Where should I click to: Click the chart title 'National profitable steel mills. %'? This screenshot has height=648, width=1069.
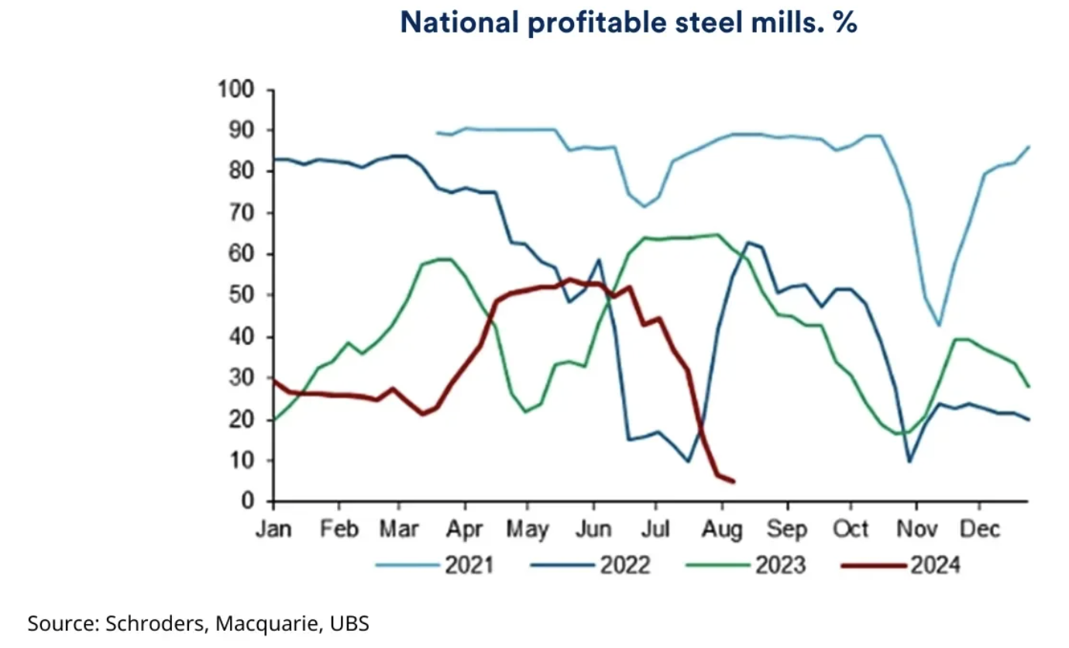(628, 23)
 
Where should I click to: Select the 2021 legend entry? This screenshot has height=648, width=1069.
(469, 565)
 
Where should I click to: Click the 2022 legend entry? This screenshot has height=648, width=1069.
(624, 565)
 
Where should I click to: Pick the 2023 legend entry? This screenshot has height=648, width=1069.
(780, 565)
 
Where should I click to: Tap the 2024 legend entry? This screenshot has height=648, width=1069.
(934, 565)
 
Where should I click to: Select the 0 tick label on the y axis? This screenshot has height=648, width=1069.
(248, 502)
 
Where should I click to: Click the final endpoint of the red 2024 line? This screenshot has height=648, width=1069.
(734, 482)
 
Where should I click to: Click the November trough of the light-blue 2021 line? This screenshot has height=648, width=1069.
(939, 325)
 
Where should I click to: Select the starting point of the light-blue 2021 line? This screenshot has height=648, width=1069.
(437, 133)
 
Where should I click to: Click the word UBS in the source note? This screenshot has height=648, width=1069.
(352, 622)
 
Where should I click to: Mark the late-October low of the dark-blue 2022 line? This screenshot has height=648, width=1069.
(909, 462)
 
